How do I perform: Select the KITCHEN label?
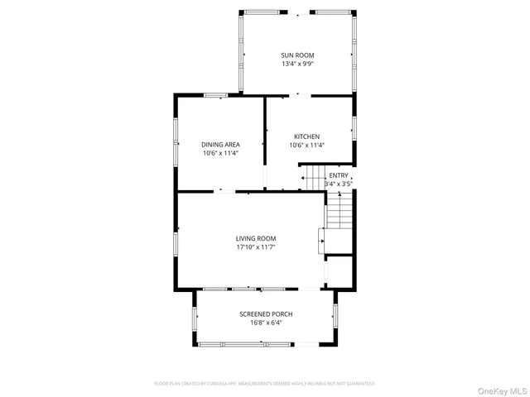tap(306, 136)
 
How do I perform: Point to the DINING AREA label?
tap(220, 145)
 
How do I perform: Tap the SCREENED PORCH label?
tap(266, 314)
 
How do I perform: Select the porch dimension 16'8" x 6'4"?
tap(266, 323)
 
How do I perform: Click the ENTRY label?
tap(339, 175)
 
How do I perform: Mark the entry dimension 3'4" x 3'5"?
tap(339, 183)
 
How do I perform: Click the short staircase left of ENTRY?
tap(313, 178)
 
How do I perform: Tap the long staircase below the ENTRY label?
tap(340, 213)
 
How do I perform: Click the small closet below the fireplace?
tap(339, 271)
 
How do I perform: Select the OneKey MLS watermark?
tap(499, 390)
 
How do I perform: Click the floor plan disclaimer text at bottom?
tap(264, 384)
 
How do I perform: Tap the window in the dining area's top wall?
tap(217, 95)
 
